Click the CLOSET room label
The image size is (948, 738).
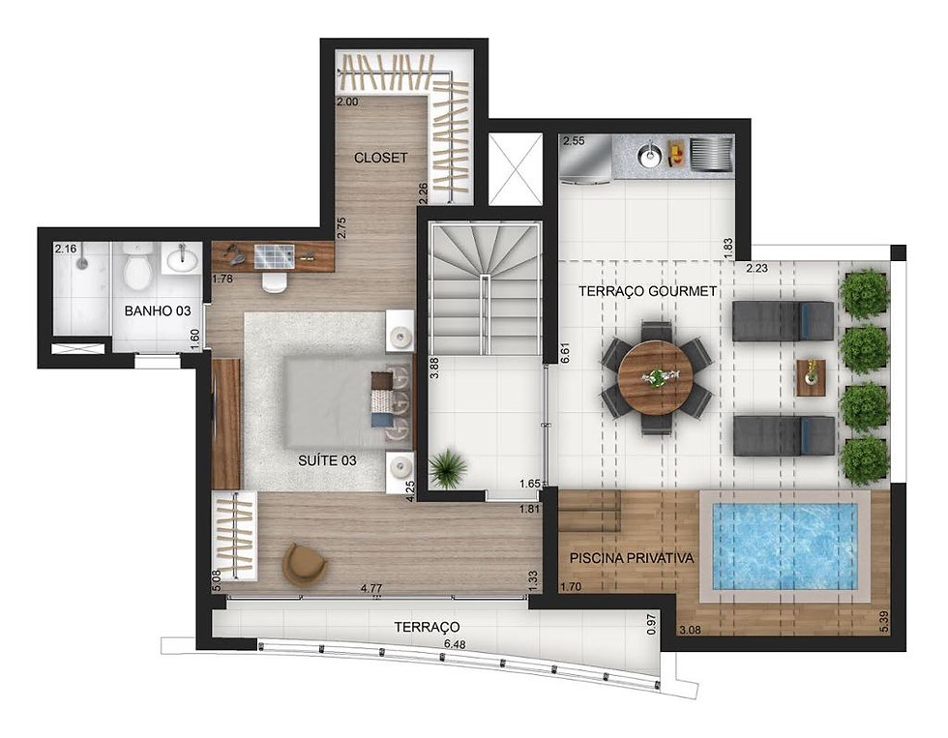pyautogui.click(x=381, y=158)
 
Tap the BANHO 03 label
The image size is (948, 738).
pyautogui.click(x=157, y=310)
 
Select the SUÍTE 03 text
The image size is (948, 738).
pyautogui.click(x=327, y=460)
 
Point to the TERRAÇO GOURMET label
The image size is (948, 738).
pyautogui.click(x=647, y=291)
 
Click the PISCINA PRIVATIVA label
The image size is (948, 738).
pyautogui.click(x=632, y=558)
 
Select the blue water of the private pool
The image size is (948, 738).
pyautogui.click(x=785, y=546)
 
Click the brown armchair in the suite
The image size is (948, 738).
pyautogui.click(x=305, y=565)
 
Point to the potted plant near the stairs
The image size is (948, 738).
pyautogui.click(x=447, y=467)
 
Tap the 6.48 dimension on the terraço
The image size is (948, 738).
pyautogui.click(x=455, y=644)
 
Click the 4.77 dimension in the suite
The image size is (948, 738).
pyautogui.click(x=371, y=587)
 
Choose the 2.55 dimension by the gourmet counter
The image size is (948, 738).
pyautogui.click(x=574, y=141)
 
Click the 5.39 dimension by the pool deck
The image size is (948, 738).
pyautogui.click(x=885, y=623)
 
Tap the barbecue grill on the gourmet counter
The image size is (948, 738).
pyautogui.click(x=711, y=154)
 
